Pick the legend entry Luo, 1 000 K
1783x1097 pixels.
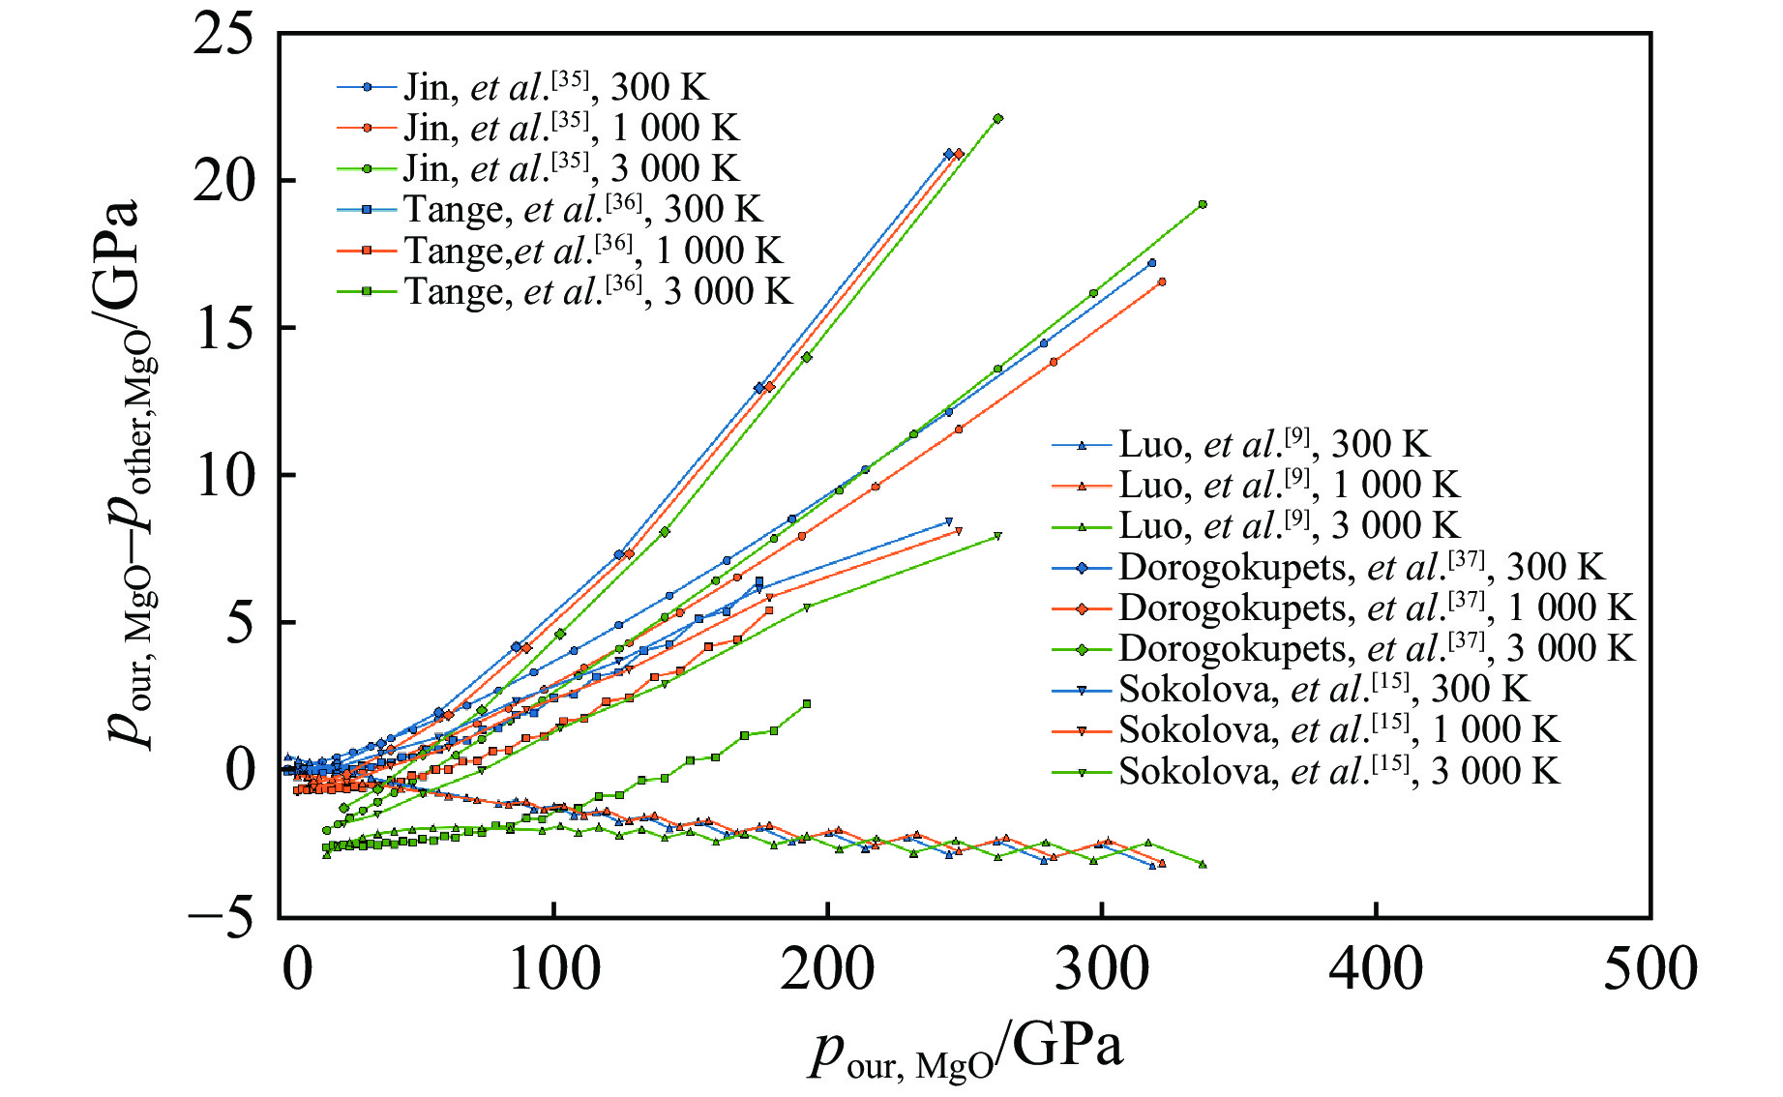point(1288,485)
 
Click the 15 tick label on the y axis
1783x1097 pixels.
point(223,329)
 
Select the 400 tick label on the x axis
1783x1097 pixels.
point(1376,968)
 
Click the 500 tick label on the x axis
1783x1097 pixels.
point(1649,968)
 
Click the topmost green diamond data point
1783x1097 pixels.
point(998,119)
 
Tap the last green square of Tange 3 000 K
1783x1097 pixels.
point(807,704)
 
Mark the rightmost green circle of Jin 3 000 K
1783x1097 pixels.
point(1203,204)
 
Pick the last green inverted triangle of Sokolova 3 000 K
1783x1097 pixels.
point(997,536)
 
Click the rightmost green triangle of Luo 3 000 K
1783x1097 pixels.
point(1203,864)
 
